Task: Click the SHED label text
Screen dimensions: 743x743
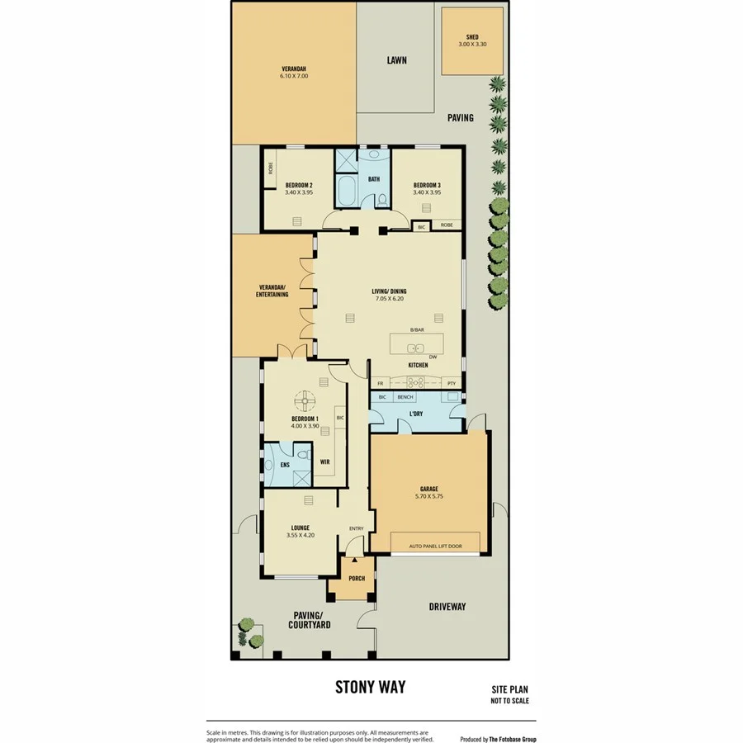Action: pos(472,37)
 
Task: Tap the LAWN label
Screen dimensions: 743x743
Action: pos(397,60)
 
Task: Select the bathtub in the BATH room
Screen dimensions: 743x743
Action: pos(346,192)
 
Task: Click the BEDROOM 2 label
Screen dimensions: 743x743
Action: pos(298,184)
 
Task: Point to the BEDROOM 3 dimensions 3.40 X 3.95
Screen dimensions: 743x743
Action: pos(427,192)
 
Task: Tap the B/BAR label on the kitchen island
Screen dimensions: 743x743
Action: pos(417,330)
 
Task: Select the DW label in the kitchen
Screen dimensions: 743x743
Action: pos(433,357)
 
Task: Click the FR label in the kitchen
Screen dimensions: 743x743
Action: pos(381,384)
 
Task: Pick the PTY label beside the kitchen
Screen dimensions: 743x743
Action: pos(451,384)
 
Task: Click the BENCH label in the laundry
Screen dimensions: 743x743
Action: pos(405,398)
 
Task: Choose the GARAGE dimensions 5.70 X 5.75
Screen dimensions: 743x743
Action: pos(430,497)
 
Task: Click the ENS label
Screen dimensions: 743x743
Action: pos(272,465)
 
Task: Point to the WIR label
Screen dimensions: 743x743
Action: pos(324,461)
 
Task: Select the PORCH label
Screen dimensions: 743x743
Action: pos(357,578)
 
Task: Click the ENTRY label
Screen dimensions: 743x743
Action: pos(357,528)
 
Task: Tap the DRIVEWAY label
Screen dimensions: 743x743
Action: pos(447,607)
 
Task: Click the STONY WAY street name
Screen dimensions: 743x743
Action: pos(370,687)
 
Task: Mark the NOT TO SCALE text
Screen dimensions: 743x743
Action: pos(509,701)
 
